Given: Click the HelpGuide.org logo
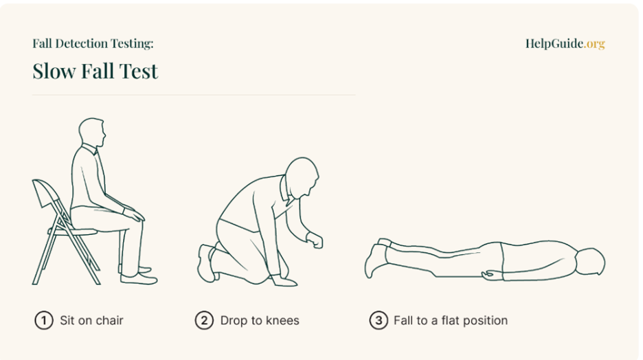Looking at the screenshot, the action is tap(565, 43).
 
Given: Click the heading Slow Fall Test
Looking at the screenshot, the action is tap(95, 71).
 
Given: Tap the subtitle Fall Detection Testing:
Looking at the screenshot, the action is tap(93, 43).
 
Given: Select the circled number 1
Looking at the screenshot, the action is tap(44, 320).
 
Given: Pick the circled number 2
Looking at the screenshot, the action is tap(204, 320).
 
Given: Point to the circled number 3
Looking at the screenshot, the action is tap(379, 320).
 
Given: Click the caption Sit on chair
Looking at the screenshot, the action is tap(91, 320).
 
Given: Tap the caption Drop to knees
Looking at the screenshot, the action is tap(260, 320).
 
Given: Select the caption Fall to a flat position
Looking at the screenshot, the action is tap(451, 320).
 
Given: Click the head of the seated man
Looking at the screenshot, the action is tap(92, 132).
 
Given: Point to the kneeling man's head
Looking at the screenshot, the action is tap(303, 178).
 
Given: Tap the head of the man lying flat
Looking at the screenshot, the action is tap(591, 262).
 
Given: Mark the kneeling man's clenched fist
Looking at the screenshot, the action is tap(315, 240).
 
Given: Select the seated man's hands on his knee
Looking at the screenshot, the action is tap(134, 214).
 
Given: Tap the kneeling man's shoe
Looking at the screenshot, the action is tap(207, 263).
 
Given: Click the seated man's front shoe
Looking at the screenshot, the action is tap(139, 279).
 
